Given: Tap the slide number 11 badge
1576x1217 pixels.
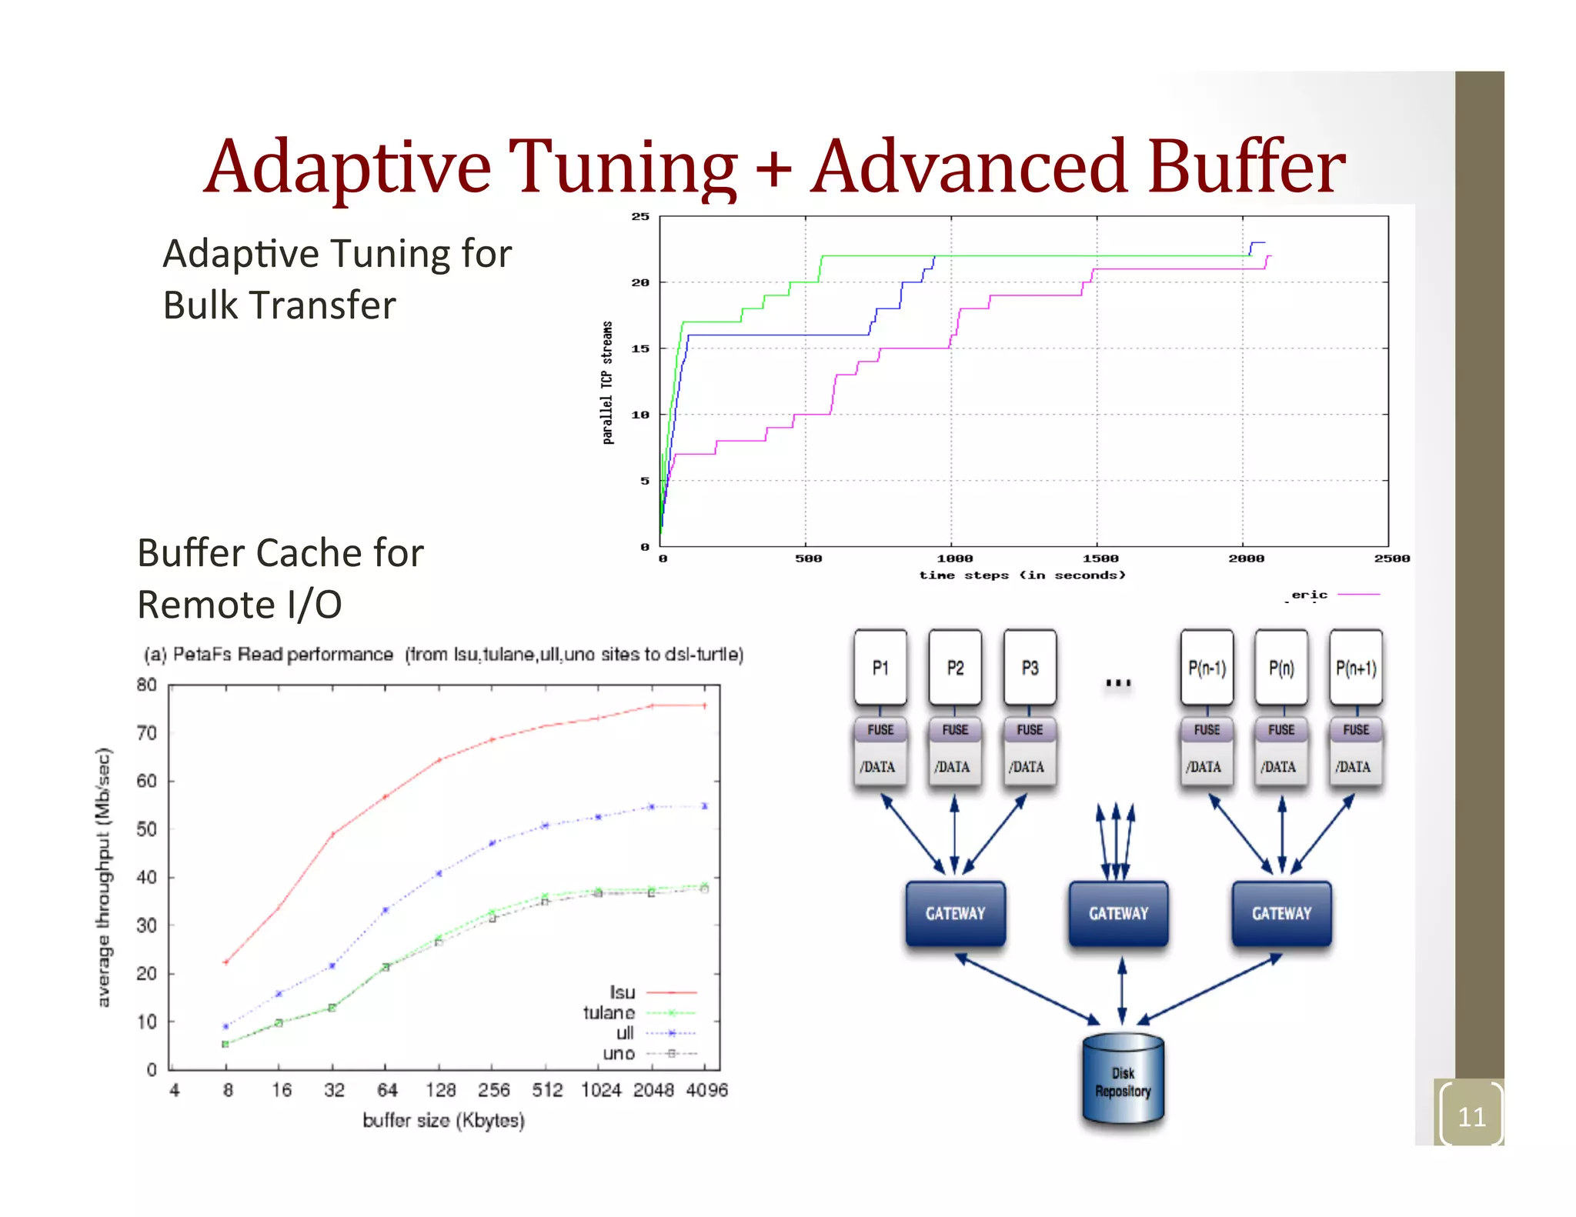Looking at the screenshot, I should click(1471, 1116).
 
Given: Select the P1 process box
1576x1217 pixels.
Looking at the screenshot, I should click(880, 668).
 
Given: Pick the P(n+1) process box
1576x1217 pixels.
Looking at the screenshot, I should click(1356, 668).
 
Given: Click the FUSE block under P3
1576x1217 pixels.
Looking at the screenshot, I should click(1030, 729).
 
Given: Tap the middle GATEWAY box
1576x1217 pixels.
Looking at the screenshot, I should click(1118, 913).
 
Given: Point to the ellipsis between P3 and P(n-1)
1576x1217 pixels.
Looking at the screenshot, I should click(1118, 682).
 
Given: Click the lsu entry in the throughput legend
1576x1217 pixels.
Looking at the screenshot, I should click(623, 992).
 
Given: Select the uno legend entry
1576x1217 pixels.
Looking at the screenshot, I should click(619, 1053).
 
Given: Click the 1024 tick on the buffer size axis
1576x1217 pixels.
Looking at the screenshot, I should click(600, 1090).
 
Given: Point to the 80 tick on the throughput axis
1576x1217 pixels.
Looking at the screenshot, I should click(146, 685).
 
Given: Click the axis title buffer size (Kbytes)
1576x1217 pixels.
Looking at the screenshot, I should click(443, 1120).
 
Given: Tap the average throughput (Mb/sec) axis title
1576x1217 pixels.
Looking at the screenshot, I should click(103, 877).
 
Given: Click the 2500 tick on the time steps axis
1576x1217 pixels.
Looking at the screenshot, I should click(1392, 558).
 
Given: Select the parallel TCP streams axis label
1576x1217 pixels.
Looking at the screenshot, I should click(608, 382).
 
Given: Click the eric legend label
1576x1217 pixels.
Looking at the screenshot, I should click(1309, 595).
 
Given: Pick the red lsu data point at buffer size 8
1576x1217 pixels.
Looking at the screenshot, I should click(225, 962).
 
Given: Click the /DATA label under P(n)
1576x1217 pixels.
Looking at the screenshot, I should click(1278, 767).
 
